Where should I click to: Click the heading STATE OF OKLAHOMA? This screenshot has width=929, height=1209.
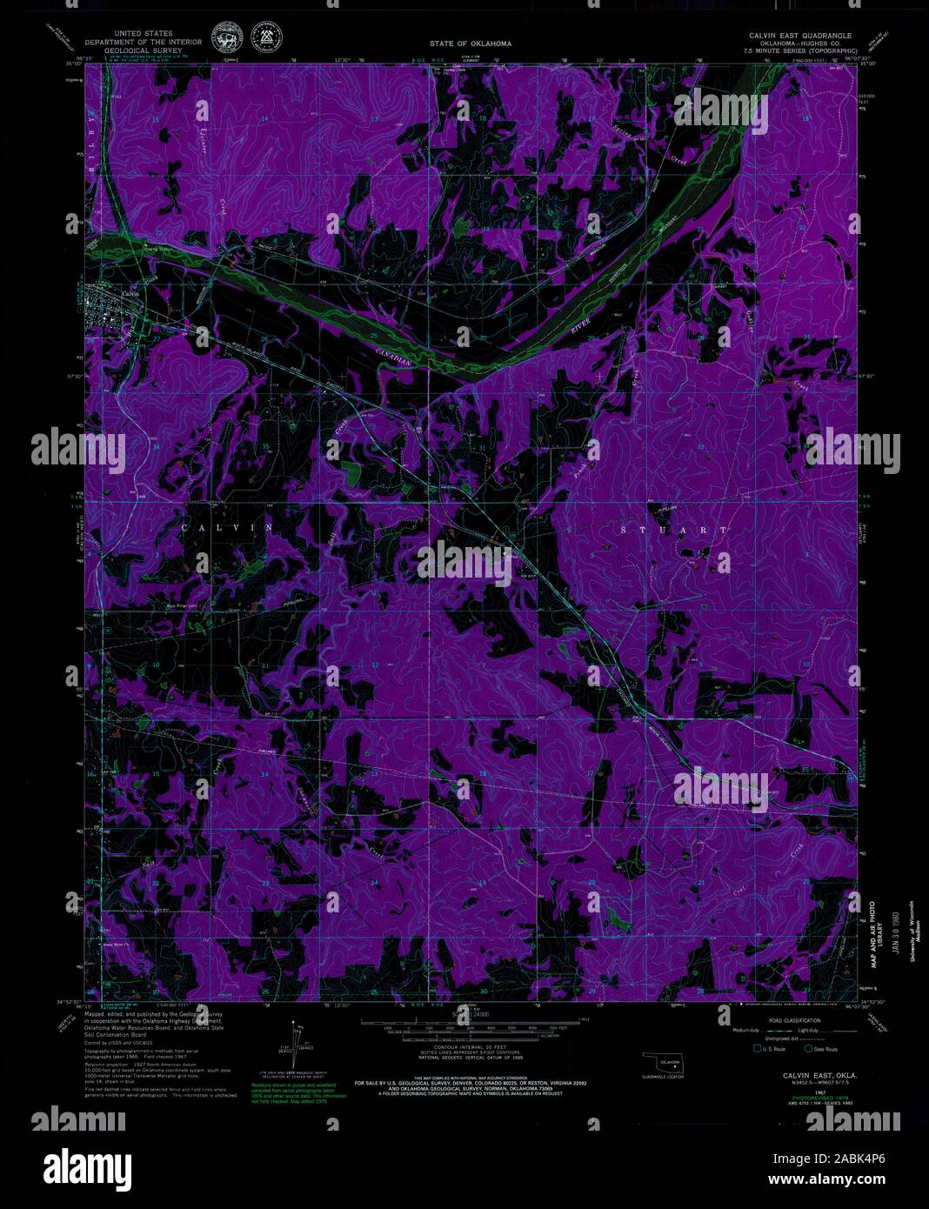pyautogui.click(x=471, y=43)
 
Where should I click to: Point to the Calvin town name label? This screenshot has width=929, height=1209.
pyautogui.click(x=130, y=294)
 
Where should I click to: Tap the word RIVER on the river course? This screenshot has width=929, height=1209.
pyautogui.click(x=579, y=325)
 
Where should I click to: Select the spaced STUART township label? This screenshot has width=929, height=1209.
pyautogui.click(x=675, y=529)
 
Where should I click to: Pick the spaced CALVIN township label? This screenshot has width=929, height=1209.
pyautogui.click(x=227, y=528)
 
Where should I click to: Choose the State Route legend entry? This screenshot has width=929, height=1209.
pyautogui.click(x=820, y=1049)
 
